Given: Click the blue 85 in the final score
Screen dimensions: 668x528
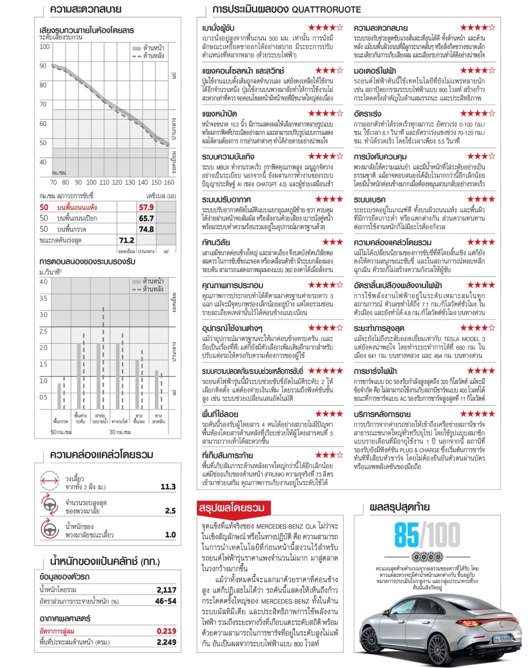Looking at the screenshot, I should point(407,534).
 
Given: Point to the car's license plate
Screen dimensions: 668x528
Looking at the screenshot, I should point(501,639).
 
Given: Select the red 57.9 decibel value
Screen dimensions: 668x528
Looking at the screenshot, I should point(146,207).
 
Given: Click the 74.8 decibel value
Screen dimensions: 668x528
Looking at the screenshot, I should point(146,229).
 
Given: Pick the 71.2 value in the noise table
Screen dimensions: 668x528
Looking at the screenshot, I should point(126,240).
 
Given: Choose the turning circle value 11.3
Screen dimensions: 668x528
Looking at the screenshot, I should point(168,486).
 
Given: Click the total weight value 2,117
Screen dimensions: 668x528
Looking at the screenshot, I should point(167,590).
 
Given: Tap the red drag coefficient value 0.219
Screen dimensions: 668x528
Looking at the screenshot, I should point(167,631).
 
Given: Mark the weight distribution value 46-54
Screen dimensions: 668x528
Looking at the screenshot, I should point(166,601).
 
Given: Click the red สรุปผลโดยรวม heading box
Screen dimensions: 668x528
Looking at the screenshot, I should point(232,507).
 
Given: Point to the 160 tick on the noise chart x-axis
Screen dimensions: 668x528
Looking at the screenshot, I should point(169,183).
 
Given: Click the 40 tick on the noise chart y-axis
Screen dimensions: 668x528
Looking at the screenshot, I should point(43,162).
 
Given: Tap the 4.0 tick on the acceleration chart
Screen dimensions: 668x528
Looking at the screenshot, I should point(43,281).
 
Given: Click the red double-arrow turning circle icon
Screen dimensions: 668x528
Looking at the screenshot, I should point(50,481).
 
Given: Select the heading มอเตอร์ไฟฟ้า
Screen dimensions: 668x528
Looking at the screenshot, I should point(375,71).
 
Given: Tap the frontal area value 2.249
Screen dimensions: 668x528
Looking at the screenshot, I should point(167,642).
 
